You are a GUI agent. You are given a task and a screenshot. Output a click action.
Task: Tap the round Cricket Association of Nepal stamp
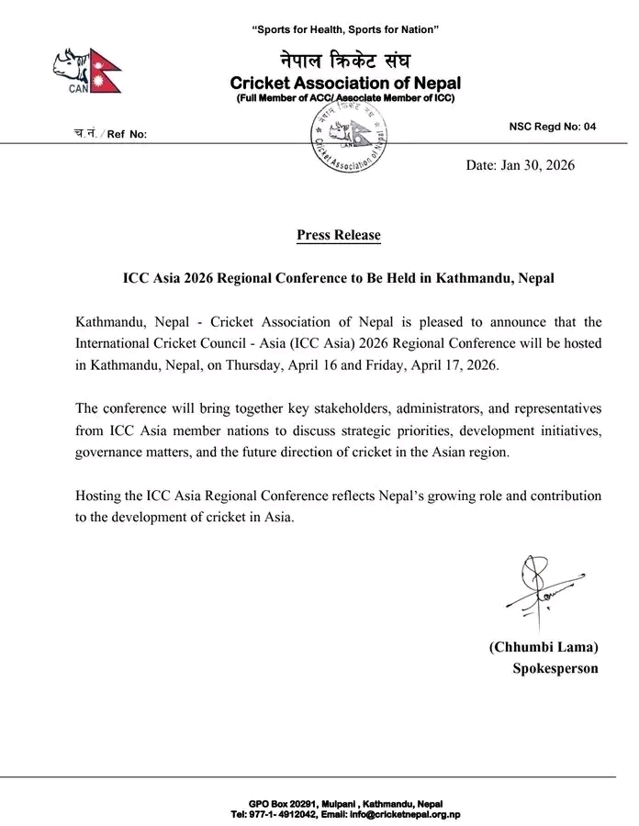[348, 139]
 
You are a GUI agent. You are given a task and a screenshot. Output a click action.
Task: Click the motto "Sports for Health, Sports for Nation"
[344, 31]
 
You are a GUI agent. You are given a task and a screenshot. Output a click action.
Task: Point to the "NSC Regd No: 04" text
[552, 128]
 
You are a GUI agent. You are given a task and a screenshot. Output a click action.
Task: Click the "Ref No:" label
[127, 135]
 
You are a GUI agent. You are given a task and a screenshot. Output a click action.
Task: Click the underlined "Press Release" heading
[338, 235]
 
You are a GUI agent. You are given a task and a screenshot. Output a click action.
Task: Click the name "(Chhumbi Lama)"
[544, 647]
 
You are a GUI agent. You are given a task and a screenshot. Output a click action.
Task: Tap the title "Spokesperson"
[555, 668]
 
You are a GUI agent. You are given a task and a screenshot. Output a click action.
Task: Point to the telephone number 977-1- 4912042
[283, 814]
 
